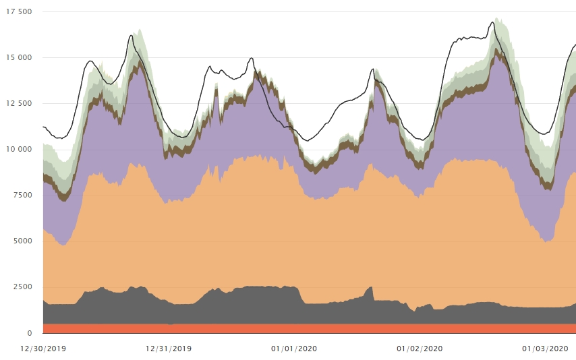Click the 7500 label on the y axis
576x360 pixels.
[22, 196]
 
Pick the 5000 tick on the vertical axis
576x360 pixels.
[22, 241]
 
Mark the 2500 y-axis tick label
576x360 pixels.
[22, 287]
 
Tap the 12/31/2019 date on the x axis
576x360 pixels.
[169, 349]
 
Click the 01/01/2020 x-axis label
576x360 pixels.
[294, 349]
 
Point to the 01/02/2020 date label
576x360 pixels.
[420, 349]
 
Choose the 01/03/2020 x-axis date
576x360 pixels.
[545, 349]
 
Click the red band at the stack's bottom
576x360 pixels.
[270, 328]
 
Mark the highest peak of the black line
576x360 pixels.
[492, 22]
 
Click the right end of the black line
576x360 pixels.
[575, 44]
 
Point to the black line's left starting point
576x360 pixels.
[43, 127]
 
